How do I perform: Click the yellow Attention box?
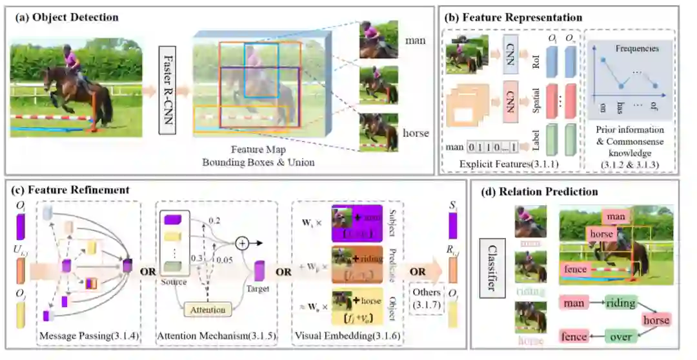tap(208, 310)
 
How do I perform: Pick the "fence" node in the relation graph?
tap(574, 336)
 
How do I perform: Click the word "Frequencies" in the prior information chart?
tap(636, 48)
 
